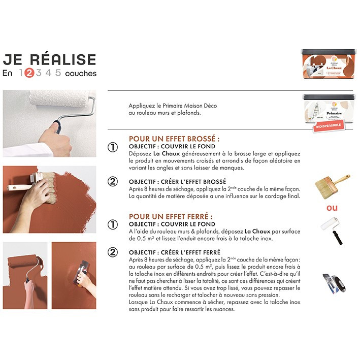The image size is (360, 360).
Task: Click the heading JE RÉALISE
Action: [x=49, y=59]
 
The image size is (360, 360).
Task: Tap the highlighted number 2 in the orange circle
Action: [x=29, y=73]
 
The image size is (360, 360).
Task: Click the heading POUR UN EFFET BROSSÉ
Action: [x=174, y=138]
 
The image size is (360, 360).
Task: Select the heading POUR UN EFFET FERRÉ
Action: [x=170, y=216]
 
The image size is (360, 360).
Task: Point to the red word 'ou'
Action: [x=332, y=208]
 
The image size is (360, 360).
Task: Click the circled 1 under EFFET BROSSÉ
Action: [x=113, y=147]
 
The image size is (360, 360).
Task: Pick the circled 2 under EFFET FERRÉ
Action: [x=113, y=252]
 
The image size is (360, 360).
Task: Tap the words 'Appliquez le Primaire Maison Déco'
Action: [x=166, y=106]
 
